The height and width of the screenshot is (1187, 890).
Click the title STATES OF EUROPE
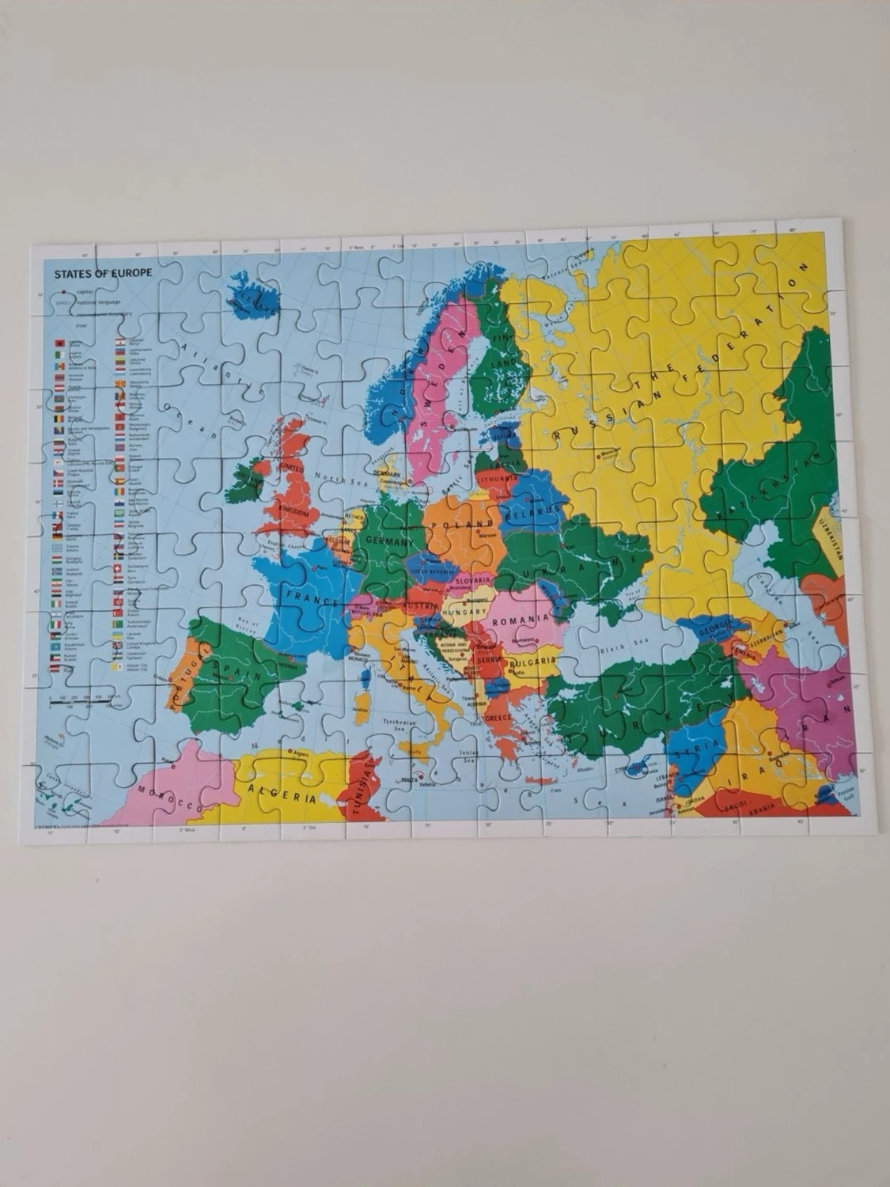(103, 273)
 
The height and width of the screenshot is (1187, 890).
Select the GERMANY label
(388, 542)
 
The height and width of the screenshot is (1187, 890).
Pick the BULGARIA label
(531, 662)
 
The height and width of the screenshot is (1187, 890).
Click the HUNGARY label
(463, 612)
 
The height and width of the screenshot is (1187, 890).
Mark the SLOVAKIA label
(474, 581)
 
